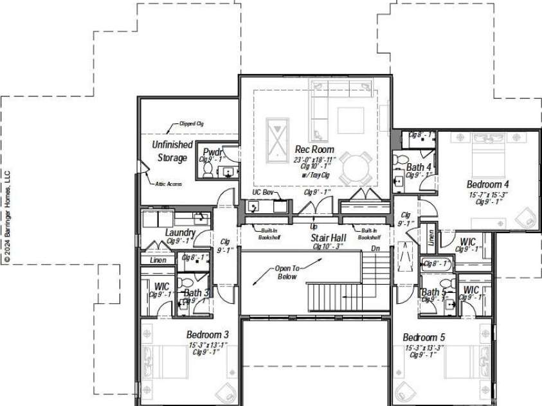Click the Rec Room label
[x=314, y=149]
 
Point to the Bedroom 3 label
[x=208, y=335]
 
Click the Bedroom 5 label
[x=424, y=337]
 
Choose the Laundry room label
[x=180, y=233]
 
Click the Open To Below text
[x=286, y=272]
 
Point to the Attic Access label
[x=168, y=184]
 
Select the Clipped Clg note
[x=191, y=123]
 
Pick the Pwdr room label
[x=212, y=152]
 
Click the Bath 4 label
[x=419, y=168]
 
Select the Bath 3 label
[x=195, y=294]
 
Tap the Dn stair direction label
[x=375, y=248]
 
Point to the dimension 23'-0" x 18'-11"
[x=314, y=159]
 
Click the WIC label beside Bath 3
[x=161, y=286]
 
